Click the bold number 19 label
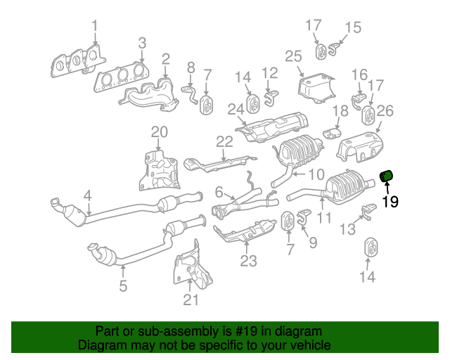[x=390, y=202]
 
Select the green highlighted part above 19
[x=387, y=176]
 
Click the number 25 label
[x=293, y=56]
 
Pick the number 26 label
[x=385, y=110]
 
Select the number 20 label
[x=160, y=131]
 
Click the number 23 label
[x=248, y=262]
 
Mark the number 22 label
[x=224, y=141]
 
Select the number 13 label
[x=347, y=229]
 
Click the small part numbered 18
[x=333, y=132]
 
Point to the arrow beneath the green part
[x=386, y=188]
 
